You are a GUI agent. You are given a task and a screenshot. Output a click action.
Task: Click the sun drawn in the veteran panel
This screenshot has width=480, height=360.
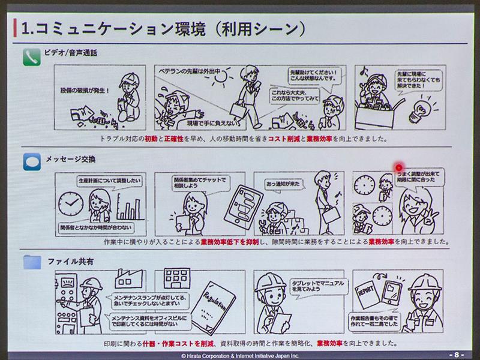point(221,78)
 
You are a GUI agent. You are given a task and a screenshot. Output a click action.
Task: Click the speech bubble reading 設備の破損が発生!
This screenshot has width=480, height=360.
point(85,91)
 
